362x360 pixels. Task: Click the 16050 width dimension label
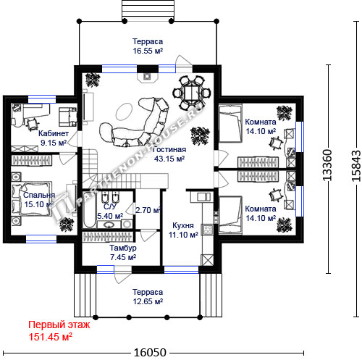click(x=150, y=353)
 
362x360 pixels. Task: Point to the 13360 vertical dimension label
click(x=327, y=165)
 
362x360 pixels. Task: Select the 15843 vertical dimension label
click(x=356, y=166)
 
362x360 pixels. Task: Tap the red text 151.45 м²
click(x=51, y=337)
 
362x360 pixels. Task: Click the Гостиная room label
click(x=169, y=149)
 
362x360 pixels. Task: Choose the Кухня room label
click(x=183, y=225)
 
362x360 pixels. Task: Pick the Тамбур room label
click(x=123, y=248)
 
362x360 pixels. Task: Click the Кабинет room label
click(x=54, y=133)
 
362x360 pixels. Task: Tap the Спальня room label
click(x=39, y=195)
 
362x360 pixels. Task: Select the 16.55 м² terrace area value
click(x=148, y=51)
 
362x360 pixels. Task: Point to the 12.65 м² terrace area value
click(x=148, y=301)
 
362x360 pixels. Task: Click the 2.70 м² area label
click(x=148, y=210)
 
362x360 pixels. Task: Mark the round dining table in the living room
click(x=192, y=93)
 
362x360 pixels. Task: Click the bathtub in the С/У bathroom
click(x=89, y=210)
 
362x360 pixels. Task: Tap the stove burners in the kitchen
click(x=207, y=230)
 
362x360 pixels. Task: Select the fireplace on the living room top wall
click(x=147, y=77)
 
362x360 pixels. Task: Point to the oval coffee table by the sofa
click(x=124, y=112)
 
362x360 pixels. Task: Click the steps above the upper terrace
click(x=148, y=10)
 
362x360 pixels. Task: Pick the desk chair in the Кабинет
click(x=32, y=124)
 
